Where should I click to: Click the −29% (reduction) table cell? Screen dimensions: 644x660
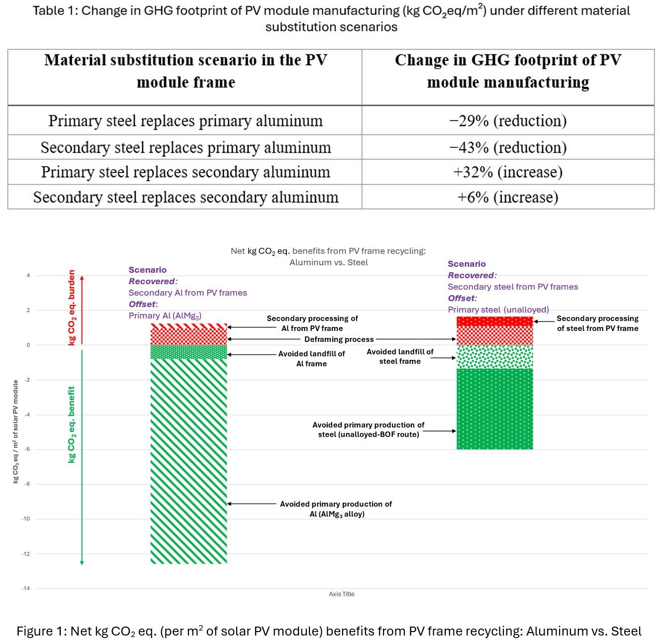point(508,121)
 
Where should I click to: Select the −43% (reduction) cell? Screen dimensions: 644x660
point(508,147)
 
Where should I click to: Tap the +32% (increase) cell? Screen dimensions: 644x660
point(508,172)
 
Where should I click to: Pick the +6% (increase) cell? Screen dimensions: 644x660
point(508,197)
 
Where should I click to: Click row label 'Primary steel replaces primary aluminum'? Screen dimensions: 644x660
point(185,121)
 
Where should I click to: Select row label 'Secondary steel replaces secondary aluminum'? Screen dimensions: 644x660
point(186,197)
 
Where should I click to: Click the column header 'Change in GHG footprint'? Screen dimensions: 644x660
point(508,71)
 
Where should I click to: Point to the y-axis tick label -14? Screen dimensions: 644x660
point(25,588)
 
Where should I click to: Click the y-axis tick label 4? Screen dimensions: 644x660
point(28,275)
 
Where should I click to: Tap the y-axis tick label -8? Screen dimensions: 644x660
point(26,484)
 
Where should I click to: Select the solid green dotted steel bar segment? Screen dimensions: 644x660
point(494,408)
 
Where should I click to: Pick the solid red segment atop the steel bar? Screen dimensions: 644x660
point(494,322)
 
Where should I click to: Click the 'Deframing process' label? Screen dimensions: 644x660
point(339,339)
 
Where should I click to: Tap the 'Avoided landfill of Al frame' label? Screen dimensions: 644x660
point(311,358)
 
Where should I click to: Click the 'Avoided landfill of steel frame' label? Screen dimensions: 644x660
point(400,356)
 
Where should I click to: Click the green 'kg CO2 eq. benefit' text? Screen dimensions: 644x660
point(72,425)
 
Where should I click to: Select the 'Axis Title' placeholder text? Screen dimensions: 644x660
point(342,594)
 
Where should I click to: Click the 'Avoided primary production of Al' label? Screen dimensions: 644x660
point(336,509)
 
